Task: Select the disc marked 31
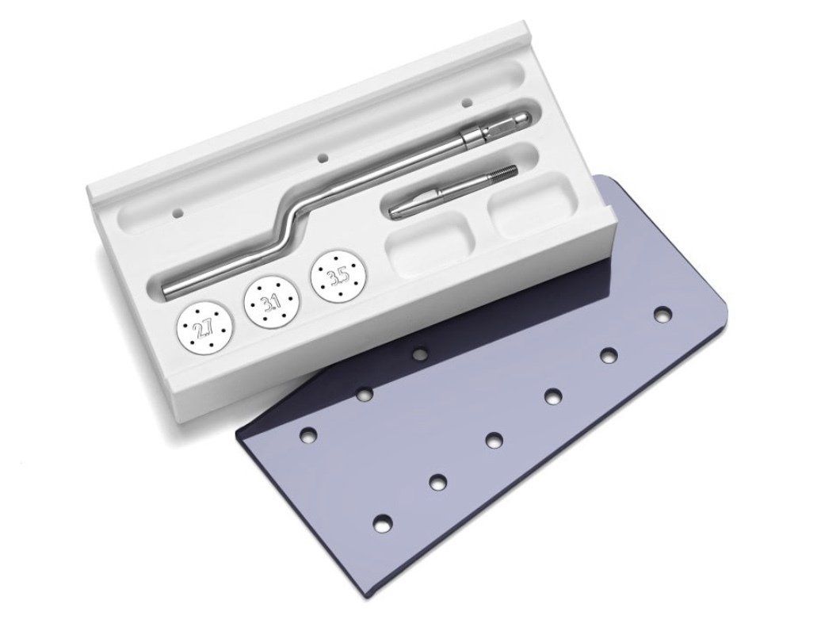[x=269, y=300]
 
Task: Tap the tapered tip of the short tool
[x=395, y=210]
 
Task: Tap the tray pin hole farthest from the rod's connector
[x=178, y=213]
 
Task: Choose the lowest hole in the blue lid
[x=382, y=522]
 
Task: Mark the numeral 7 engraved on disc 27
[x=208, y=326]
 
